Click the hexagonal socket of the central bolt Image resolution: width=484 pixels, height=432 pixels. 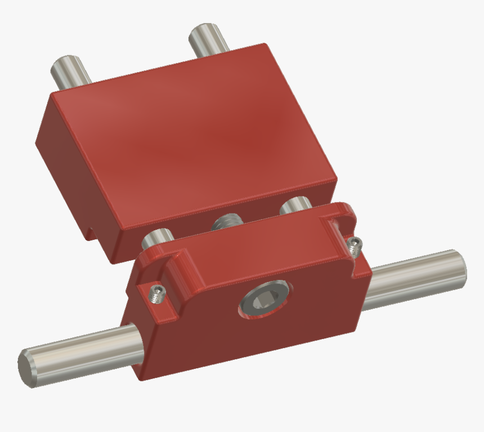coord(262,300)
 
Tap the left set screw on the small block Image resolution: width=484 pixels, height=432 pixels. coord(157,292)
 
